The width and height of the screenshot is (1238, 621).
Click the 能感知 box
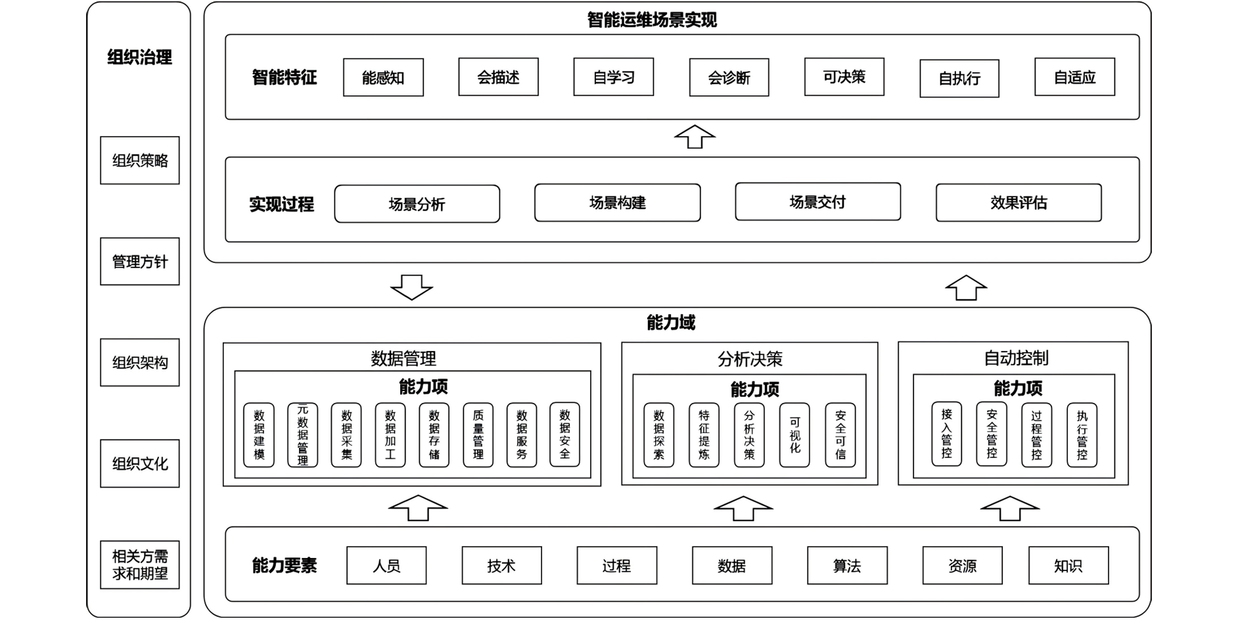383,78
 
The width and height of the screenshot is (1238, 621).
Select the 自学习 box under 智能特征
613,78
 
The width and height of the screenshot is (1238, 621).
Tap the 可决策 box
844,77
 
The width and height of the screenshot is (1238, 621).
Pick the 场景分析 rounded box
417,204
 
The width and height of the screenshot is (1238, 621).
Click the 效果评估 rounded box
1018,202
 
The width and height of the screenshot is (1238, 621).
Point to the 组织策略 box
139,160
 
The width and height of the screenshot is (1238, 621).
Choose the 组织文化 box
139,463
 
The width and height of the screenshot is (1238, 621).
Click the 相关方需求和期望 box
139,564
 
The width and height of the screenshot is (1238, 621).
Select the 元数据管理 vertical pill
302,435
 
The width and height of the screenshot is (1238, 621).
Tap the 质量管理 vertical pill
478,435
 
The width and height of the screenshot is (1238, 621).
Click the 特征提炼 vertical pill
704,435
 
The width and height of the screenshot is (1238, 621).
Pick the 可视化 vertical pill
794,435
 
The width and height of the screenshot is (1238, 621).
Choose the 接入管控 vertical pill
946,434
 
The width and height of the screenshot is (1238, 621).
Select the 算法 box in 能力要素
847,565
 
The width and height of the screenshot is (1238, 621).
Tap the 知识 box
1068,565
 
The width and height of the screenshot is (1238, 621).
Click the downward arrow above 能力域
411,287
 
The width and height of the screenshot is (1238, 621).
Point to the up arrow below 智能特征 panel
695,137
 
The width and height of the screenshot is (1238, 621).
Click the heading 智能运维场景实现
651,20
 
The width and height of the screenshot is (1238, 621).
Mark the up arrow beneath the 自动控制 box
1010,508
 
